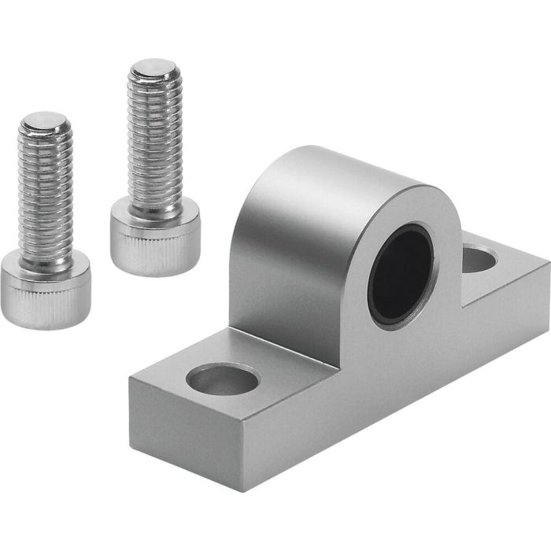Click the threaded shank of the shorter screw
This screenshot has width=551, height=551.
[46, 197]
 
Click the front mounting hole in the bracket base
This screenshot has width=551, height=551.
[222, 379]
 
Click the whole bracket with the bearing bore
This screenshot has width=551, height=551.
[346, 331]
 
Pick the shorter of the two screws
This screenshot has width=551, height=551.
[46, 220]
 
